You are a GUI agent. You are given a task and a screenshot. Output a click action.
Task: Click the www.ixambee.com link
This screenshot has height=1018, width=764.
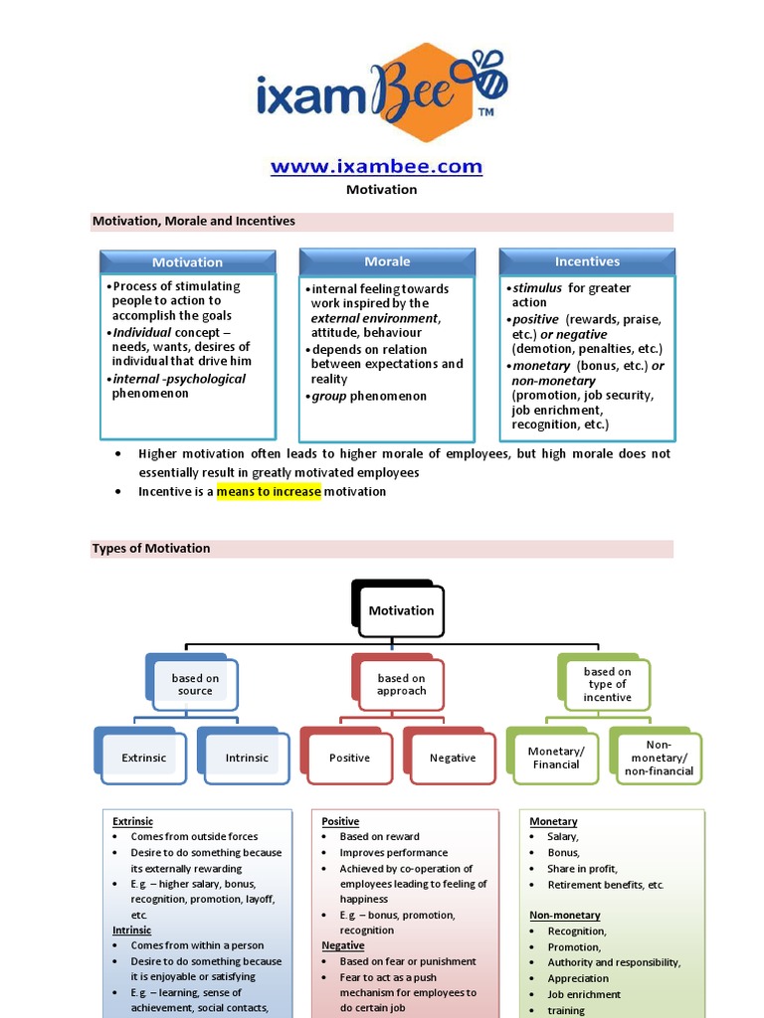376,166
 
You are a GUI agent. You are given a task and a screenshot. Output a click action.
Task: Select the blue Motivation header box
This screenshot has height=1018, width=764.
187,262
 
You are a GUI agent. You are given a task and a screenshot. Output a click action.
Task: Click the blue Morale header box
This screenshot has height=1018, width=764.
387,261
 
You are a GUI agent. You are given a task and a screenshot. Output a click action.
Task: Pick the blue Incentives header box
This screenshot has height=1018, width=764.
587,261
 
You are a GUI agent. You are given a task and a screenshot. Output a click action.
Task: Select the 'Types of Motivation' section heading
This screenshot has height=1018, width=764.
151,548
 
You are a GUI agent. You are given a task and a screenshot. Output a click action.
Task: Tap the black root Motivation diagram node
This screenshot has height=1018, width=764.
401,610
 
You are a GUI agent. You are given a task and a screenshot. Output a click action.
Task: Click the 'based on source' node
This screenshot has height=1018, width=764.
195,684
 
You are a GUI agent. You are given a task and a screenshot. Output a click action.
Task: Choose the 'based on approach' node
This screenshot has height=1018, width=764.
401,684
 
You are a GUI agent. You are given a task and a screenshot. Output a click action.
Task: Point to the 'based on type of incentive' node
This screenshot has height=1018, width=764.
607,684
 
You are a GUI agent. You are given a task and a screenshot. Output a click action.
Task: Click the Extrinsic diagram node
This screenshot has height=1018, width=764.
143,758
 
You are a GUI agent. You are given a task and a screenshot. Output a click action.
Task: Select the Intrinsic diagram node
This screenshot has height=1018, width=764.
247,758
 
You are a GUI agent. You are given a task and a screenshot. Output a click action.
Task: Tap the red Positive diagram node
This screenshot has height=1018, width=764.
349,758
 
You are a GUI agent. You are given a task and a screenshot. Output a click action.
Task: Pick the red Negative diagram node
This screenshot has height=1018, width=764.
453,758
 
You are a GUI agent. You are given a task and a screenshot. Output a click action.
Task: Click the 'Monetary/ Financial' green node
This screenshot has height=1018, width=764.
555,758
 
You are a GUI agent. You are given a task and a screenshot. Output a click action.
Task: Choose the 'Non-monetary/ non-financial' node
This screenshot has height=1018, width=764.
658,758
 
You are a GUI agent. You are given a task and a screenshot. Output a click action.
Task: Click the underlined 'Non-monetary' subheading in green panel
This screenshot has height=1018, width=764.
565,915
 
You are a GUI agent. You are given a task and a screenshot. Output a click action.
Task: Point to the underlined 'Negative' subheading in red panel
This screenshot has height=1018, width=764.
343,945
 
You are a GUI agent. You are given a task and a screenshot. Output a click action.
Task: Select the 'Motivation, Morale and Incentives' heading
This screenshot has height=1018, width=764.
194,221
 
